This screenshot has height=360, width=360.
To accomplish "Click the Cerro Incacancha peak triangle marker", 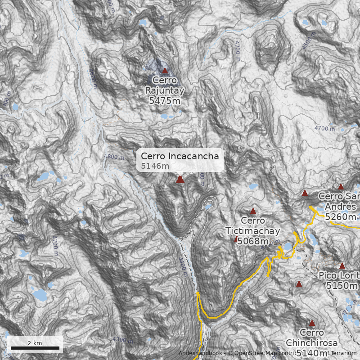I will (180, 180).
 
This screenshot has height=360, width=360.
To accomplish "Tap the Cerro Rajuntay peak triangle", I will (165, 71).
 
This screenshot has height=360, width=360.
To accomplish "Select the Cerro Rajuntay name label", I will (165, 85).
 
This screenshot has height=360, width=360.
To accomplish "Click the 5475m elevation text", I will (165, 101).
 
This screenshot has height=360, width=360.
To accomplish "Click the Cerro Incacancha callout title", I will (180, 156).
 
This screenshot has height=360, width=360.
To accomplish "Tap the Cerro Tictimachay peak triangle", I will (253, 211).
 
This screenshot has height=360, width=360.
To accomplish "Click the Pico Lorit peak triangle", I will (342, 266).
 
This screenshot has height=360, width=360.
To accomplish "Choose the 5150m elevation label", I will (342, 286).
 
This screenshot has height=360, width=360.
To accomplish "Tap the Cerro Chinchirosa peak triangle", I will (312, 323).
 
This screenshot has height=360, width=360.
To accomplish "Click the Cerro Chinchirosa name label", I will (311, 337).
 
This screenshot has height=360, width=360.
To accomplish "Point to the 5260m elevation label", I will (341, 217).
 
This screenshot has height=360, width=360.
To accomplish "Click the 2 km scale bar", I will (35, 348).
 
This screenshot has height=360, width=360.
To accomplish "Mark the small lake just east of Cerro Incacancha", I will (207, 207).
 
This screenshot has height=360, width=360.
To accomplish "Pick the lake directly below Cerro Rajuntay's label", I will (165, 117).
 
